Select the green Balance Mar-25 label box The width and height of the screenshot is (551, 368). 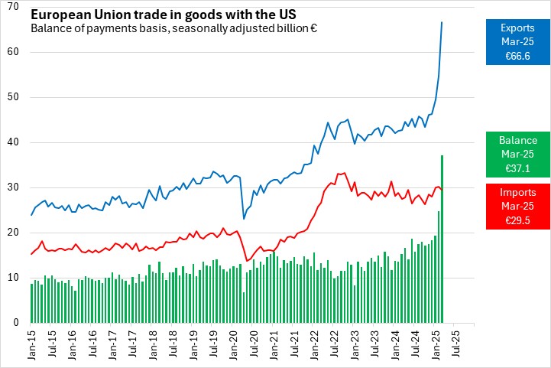click(x=517, y=154)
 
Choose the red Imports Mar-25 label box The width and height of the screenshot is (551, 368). click(x=517, y=206)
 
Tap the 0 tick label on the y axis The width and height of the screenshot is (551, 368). click(x=15, y=323)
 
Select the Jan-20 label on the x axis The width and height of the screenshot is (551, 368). click(x=234, y=344)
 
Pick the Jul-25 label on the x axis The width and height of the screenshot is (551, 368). click(x=455, y=344)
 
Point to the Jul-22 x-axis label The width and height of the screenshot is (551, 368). click(x=335, y=344)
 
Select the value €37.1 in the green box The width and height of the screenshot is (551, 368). click(x=517, y=168)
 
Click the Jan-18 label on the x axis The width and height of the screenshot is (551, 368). click(x=153, y=344)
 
